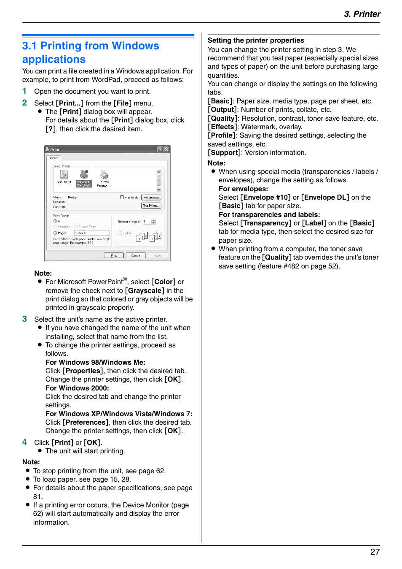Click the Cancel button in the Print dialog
[136, 255]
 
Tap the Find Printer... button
[151, 206]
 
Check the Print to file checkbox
[122, 197]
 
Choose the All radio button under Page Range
[55, 221]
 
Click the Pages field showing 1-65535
[92, 233]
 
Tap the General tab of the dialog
[54, 158]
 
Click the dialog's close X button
[166, 149]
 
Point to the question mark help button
[160, 149]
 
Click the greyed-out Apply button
[158, 255]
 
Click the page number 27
[375, 552]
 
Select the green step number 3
[24, 319]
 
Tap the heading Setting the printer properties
[255, 40]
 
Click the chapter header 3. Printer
[362, 14]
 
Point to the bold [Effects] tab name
[222, 127]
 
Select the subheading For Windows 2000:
[77, 388]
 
